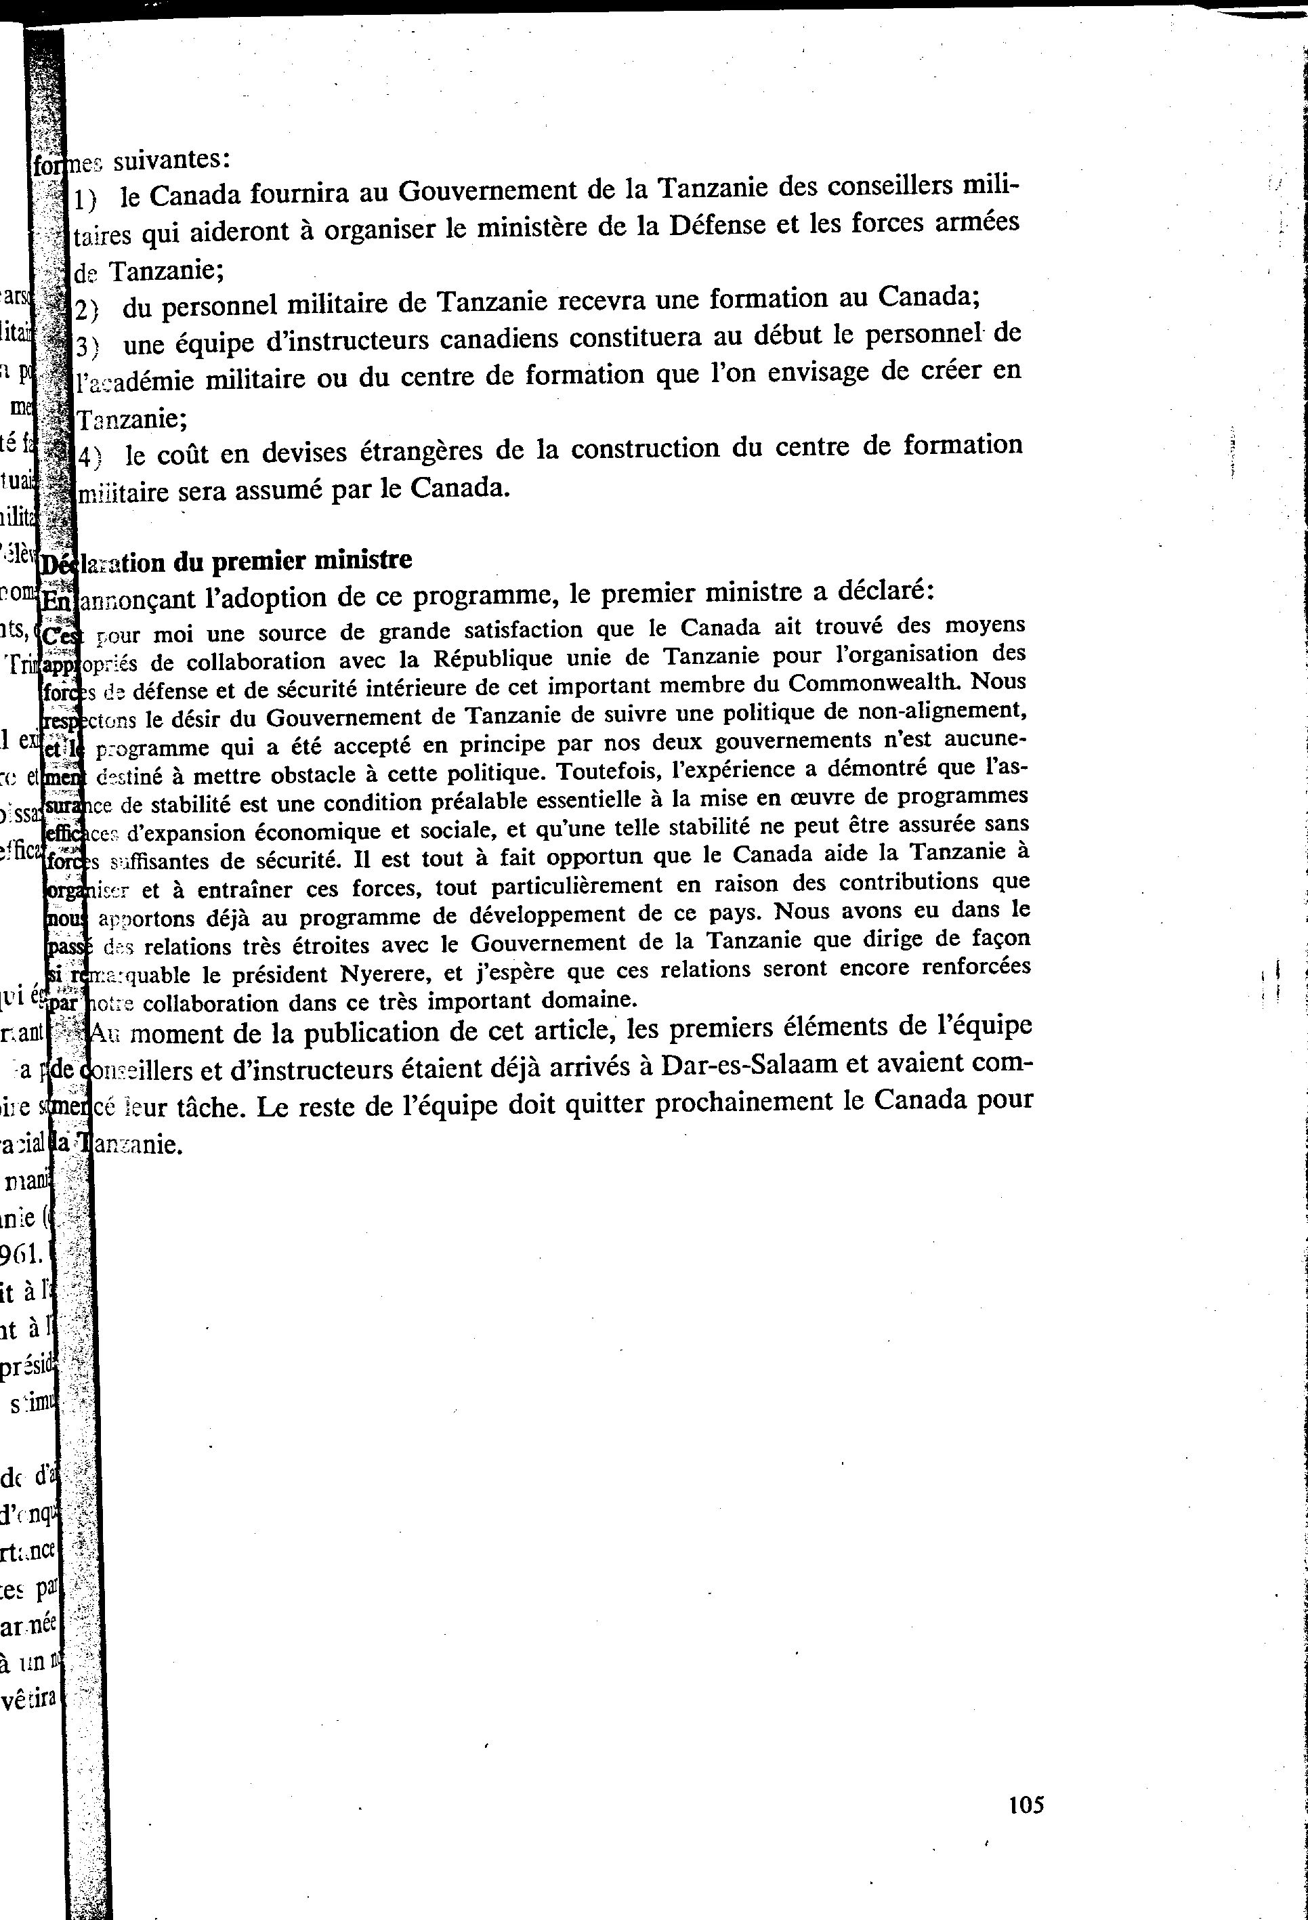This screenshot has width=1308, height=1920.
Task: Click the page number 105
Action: (x=1026, y=1804)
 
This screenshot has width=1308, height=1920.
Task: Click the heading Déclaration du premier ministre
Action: (x=227, y=562)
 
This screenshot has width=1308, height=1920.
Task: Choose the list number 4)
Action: (x=88, y=455)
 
